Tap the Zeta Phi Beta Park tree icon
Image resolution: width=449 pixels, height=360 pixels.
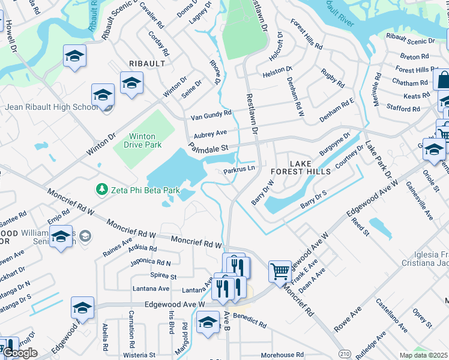[x=103, y=190]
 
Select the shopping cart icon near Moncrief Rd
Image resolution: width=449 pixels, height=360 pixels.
[x=280, y=271]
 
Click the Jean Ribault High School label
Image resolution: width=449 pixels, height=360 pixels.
[x=51, y=107]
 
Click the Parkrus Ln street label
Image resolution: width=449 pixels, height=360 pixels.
[x=240, y=170]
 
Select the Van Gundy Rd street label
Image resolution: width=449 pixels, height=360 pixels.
[x=211, y=114]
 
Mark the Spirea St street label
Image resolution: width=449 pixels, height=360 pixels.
[x=163, y=277]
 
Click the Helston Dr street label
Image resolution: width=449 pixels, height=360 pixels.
[x=277, y=73]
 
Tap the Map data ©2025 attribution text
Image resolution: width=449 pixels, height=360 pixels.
[x=423, y=355]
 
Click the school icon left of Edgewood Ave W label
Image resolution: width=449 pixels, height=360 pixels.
[x=82, y=308]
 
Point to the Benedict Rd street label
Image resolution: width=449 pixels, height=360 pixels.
[x=250, y=319]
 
